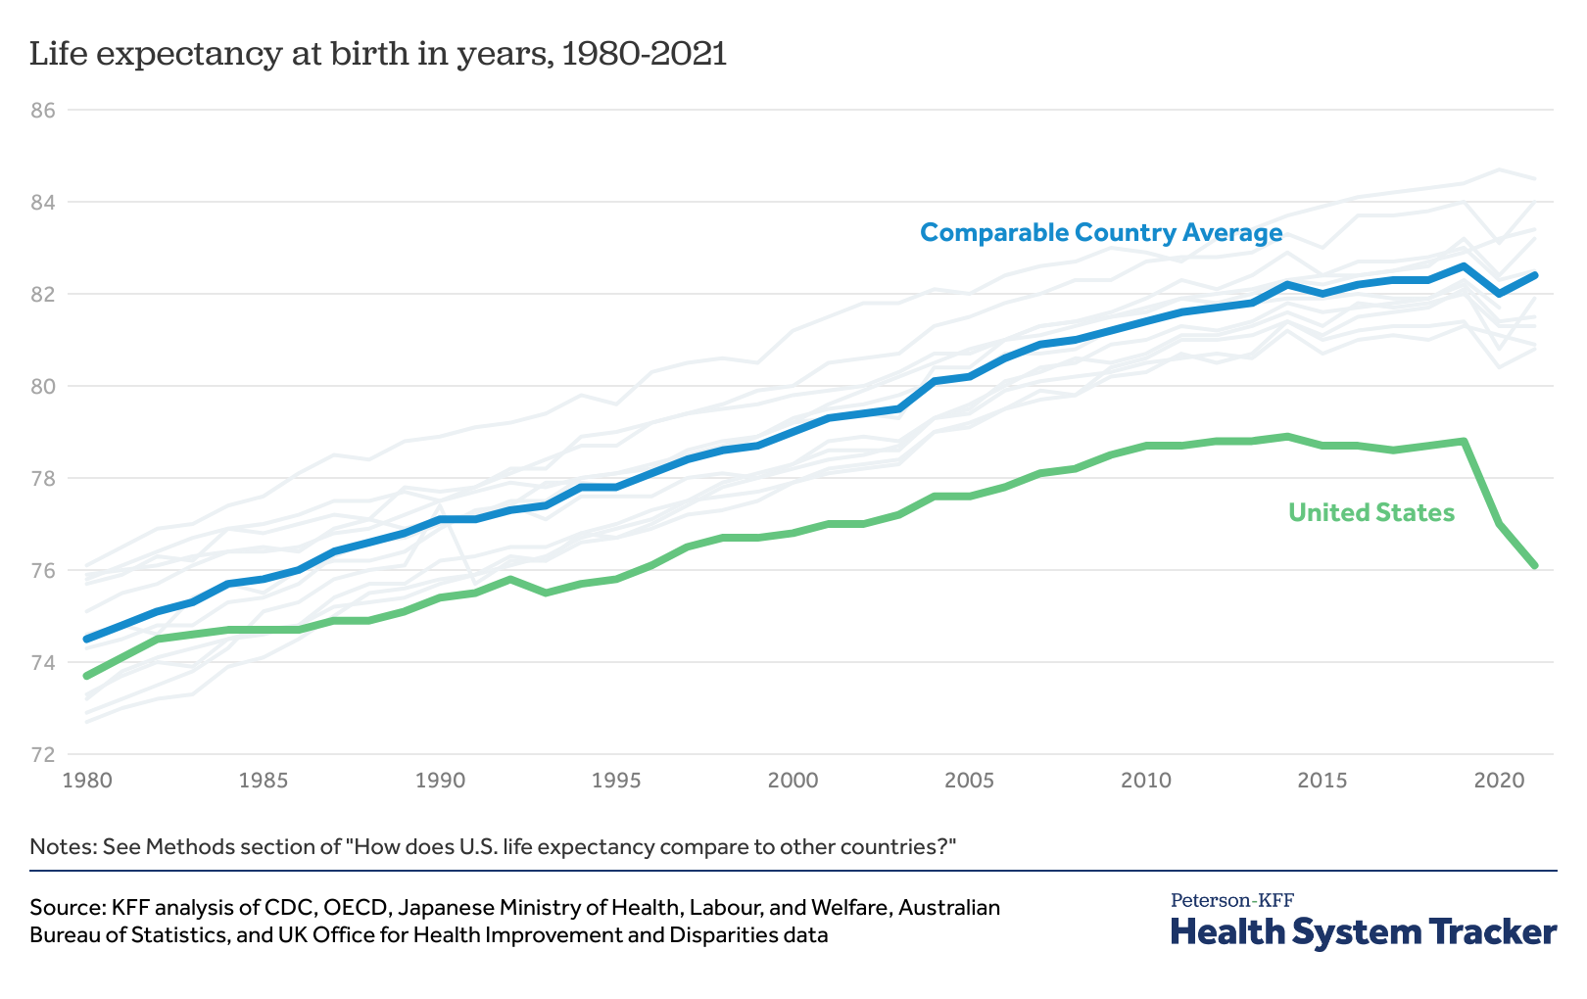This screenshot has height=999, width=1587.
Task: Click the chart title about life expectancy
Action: [378, 54]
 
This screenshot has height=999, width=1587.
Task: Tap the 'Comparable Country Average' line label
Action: [1101, 233]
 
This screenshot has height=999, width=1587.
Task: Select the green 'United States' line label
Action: [1371, 512]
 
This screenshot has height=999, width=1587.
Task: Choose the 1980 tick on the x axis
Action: [87, 781]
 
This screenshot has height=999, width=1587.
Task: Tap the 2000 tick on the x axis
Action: [793, 781]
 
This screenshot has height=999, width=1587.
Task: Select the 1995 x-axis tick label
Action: [616, 781]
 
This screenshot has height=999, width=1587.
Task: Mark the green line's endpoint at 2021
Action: [1534, 565]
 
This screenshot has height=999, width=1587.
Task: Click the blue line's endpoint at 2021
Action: [1534, 275]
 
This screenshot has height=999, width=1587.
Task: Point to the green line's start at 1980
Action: [87, 676]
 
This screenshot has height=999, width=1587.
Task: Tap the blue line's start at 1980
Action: [87, 639]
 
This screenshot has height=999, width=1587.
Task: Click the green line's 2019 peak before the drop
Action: [1464, 441]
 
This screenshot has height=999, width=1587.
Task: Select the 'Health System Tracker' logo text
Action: [1363, 931]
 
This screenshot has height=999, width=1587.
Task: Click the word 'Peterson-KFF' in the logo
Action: [1231, 900]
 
